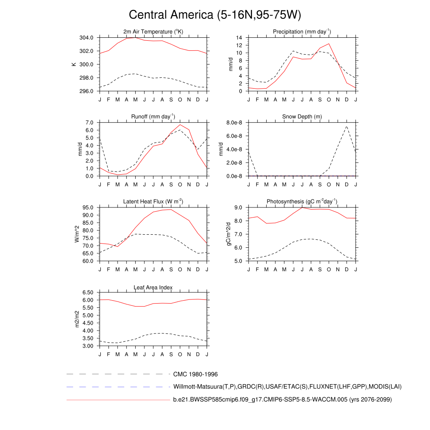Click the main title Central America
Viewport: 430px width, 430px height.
pyautogui.click(x=215, y=15)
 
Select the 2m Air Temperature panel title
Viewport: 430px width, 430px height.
pyautogui.click(x=153, y=31)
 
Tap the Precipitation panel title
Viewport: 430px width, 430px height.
pyautogui.click(x=302, y=31)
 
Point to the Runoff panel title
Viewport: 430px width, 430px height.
pyautogui.click(x=153, y=116)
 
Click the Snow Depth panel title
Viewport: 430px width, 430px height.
pyautogui.click(x=302, y=116)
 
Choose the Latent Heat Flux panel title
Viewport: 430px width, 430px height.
pyautogui.click(x=153, y=202)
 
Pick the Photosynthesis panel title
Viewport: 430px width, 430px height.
pyautogui.click(x=302, y=202)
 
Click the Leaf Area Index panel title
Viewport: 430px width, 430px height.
pyautogui.click(x=153, y=287)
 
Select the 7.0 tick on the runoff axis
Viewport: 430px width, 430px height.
pyautogui.click(x=89, y=123)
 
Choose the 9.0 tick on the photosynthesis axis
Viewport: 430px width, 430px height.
pyautogui.click(x=239, y=207)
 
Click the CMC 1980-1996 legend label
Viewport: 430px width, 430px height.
pyautogui.click(x=195, y=374)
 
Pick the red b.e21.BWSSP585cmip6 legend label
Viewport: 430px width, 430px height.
pyautogui.click(x=282, y=399)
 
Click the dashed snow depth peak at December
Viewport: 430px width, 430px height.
pyautogui.click(x=346, y=126)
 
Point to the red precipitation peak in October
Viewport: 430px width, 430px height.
pyautogui.click(x=329, y=44)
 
